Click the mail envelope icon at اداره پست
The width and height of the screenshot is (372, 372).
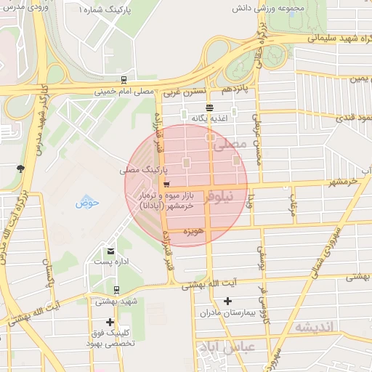(110, 251)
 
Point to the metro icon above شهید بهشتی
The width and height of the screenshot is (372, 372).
(110, 289)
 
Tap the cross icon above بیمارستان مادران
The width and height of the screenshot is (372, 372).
(228, 301)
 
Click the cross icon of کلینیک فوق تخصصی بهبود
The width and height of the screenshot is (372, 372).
(110, 322)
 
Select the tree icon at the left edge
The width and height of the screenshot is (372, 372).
(20, 169)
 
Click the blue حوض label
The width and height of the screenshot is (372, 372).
(86, 201)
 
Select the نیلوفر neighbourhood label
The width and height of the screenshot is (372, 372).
(222, 195)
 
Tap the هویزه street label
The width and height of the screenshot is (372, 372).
(193, 232)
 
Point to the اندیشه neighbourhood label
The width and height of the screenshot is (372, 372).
(315, 327)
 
